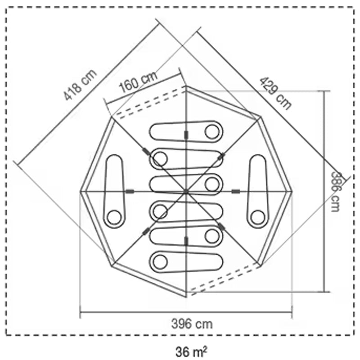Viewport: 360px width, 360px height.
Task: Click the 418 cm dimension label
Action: [80, 85]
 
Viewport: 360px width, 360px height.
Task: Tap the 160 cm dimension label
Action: [138, 81]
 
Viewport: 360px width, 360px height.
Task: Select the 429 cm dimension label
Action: [275, 93]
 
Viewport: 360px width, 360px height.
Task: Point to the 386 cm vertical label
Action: [335, 192]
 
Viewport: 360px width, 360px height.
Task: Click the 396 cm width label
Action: [192, 324]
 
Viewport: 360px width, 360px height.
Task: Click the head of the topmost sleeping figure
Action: [212, 132]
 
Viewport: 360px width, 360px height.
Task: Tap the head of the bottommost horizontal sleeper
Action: [160, 261]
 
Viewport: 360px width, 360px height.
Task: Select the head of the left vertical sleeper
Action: [114, 217]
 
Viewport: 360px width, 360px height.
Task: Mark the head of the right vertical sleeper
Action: [257, 217]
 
